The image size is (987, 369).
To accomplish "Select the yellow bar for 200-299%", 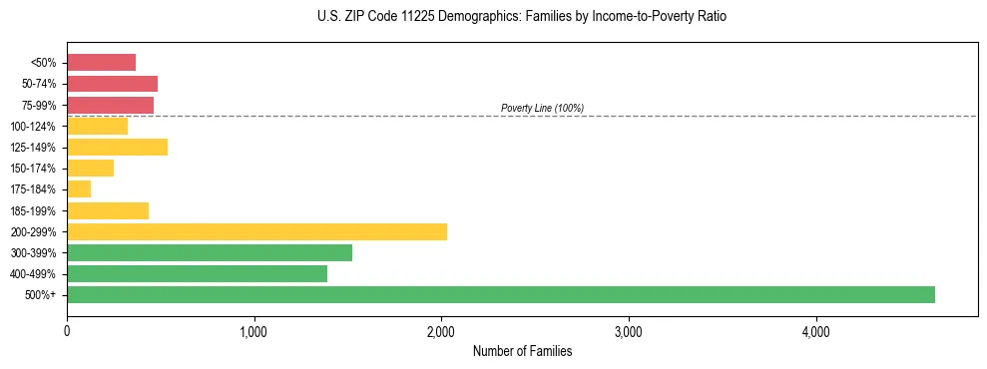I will click(256, 231).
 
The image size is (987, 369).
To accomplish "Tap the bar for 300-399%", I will click(210, 252).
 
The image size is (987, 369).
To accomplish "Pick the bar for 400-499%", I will click(197, 273).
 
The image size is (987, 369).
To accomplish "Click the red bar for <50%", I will click(101, 63).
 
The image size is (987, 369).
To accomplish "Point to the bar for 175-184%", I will click(79, 189).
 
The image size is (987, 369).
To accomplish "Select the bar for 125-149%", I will click(117, 147).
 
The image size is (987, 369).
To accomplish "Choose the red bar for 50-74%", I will click(112, 84).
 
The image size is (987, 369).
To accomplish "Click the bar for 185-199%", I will click(108, 210).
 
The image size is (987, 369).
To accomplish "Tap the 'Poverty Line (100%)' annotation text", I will click(542, 108).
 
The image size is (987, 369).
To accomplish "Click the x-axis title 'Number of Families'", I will click(522, 351).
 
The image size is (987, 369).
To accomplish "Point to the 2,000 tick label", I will click(441, 331).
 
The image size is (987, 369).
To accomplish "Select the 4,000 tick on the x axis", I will click(815, 331).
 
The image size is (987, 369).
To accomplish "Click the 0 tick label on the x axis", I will click(67, 331).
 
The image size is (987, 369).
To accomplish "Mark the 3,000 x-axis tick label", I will click(629, 331).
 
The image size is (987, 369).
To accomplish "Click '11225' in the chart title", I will click(403, 17).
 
